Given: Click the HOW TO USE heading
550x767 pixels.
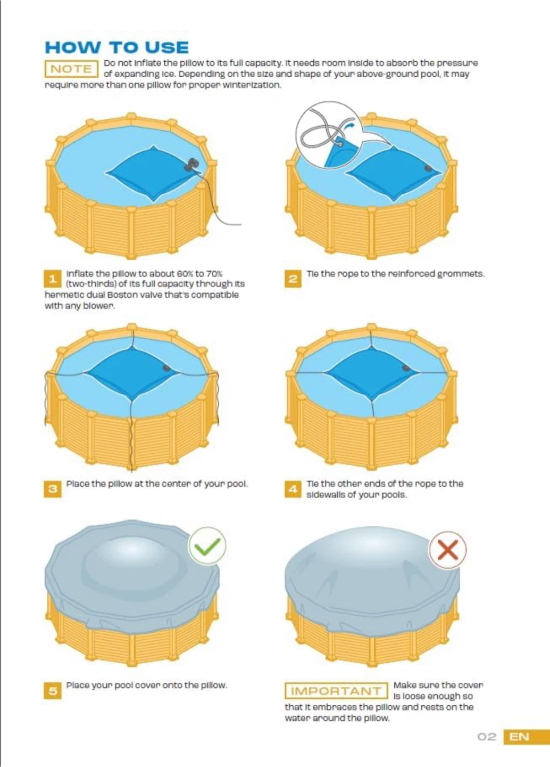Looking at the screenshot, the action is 116,47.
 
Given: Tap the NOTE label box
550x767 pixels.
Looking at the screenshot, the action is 71,69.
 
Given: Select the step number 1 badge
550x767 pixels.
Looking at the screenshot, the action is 53,279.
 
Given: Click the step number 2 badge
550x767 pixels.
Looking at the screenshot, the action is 293,279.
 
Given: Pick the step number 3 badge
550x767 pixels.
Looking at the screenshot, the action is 53,489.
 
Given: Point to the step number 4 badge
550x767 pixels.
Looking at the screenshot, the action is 293,489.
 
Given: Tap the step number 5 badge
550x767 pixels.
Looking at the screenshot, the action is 53,691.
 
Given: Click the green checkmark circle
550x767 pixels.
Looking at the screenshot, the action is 207,546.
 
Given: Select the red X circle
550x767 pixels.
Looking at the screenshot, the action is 448,550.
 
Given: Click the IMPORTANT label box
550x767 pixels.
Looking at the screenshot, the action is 336,691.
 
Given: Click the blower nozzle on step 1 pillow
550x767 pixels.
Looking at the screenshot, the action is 192,165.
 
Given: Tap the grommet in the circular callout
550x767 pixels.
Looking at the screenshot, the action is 340,144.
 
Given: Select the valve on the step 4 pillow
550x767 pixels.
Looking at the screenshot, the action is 406,368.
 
